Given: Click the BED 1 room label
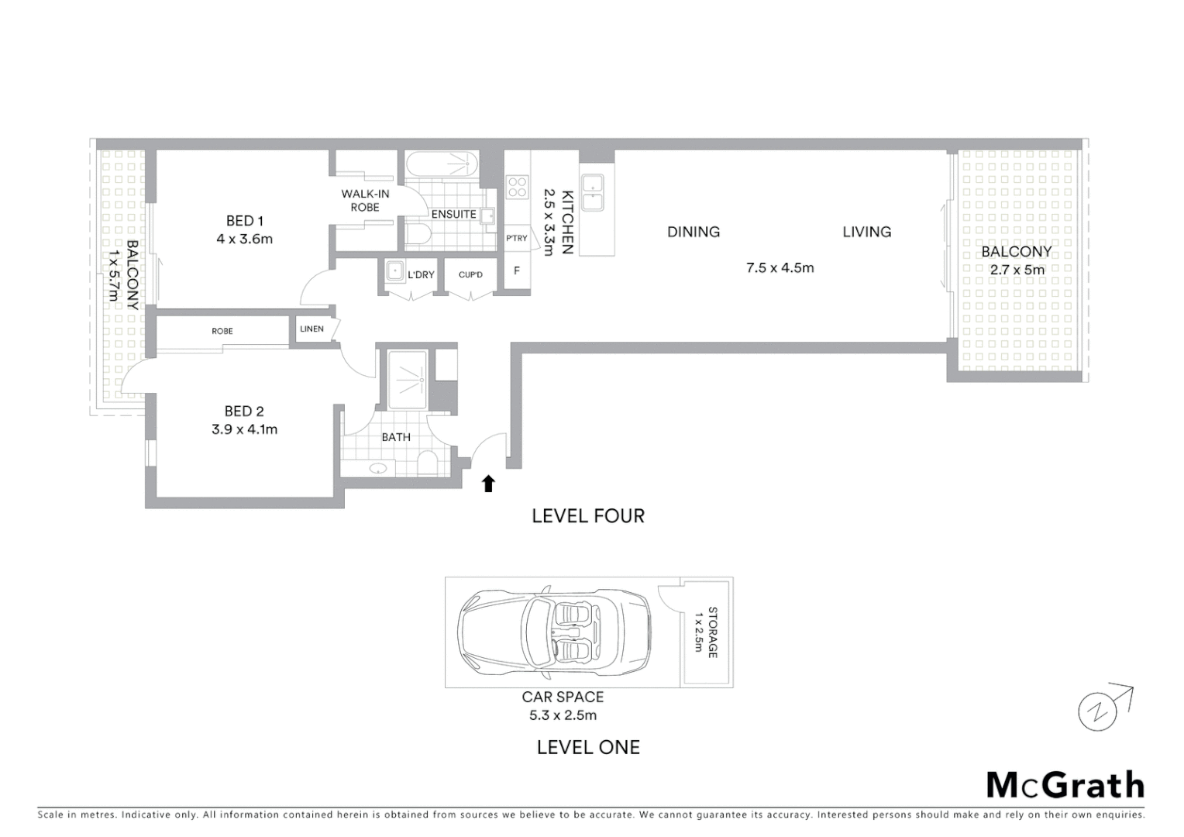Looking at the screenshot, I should pyautogui.click(x=244, y=221).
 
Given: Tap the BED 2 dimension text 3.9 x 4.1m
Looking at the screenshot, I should pyautogui.click(x=244, y=429).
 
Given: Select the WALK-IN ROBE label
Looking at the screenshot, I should pyautogui.click(x=365, y=201).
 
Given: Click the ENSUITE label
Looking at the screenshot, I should pyautogui.click(x=453, y=215).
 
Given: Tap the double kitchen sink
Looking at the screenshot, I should pyautogui.click(x=594, y=192).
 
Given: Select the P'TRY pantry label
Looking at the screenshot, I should pyautogui.click(x=516, y=239).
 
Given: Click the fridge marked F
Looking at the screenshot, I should pyautogui.click(x=517, y=271).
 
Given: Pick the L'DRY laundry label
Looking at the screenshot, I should pyautogui.click(x=421, y=275).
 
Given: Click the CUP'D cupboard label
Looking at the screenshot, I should pyautogui.click(x=470, y=275).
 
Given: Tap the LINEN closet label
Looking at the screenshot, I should pyautogui.click(x=311, y=329).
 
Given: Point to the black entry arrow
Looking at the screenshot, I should pyautogui.click(x=488, y=484).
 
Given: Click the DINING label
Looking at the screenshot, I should pyautogui.click(x=694, y=232).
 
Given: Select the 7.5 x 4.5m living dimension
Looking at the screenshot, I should pyautogui.click(x=780, y=268).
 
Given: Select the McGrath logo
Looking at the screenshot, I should pyautogui.click(x=1065, y=785).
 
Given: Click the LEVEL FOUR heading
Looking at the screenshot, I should pyautogui.click(x=588, y=516).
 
